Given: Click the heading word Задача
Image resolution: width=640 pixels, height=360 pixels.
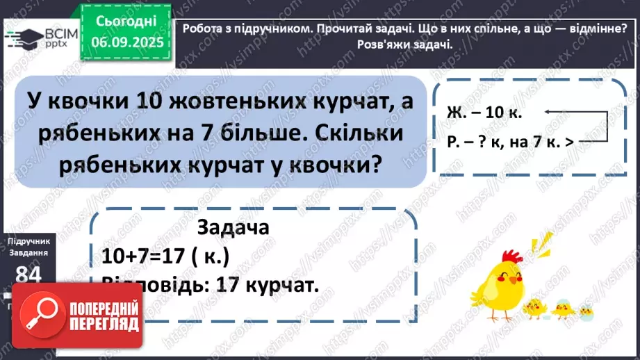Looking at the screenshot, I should click(x=233, y=227).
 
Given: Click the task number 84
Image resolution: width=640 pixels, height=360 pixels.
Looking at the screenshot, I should click(x=28, y=275).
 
